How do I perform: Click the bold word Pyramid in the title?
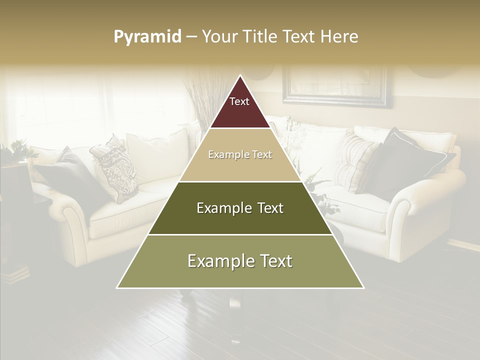click(x=147, y=37)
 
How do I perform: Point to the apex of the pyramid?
click(x=240, y=76)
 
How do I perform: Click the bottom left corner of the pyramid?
click(x=117, y=288)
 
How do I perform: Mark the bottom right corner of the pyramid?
click(x=363, y=288)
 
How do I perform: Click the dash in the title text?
click(x=191, y=37)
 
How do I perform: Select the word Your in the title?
click(x=219, y=37)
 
